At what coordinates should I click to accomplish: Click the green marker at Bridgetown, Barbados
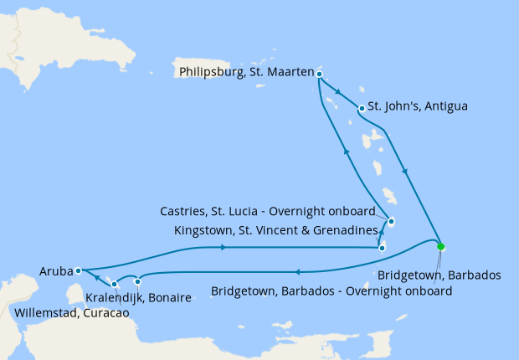440,246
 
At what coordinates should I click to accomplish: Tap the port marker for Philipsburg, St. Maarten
320,74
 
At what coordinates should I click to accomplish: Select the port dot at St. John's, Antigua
361,108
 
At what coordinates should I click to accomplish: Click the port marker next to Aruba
78,270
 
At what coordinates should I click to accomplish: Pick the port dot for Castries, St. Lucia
391,221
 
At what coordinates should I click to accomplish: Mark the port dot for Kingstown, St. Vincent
382,247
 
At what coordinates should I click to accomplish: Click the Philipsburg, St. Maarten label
246,73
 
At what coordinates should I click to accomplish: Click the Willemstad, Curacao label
72,313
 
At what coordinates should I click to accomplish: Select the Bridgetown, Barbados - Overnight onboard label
331,291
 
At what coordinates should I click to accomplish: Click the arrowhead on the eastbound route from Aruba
224,247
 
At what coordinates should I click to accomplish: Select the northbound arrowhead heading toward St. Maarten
346,151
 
